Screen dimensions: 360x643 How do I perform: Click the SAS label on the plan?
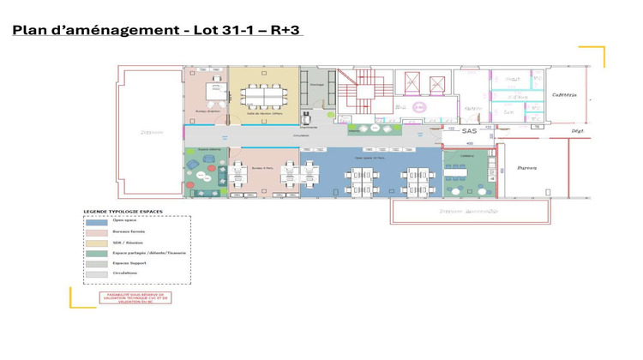click(469, 131)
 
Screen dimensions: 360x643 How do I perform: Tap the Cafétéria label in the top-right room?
click(564, 95)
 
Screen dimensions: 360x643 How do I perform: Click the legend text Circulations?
click(126, 273)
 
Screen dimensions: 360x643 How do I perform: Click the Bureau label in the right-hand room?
click(527, 168)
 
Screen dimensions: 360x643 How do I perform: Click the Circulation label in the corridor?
click(301, 135)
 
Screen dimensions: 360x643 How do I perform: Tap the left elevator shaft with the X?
click(411, 83)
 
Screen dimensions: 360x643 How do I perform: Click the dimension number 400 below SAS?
click(470, 143)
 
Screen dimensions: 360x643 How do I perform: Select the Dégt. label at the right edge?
click(578, 131)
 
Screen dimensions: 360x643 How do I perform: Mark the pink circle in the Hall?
click(419, 107)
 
